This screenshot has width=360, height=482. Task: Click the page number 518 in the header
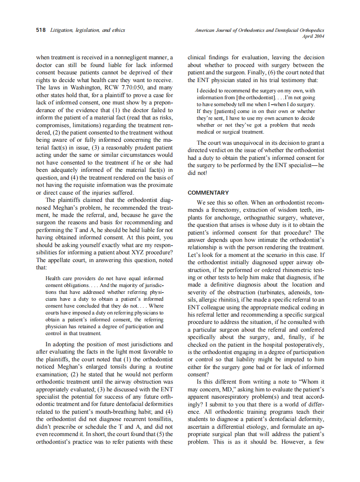[x=41, y=31]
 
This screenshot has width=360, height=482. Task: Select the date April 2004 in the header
[x=313, y=37]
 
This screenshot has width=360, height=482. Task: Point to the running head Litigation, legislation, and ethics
[x=88, y=31]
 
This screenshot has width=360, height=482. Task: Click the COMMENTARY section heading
[x=208, y=193]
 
